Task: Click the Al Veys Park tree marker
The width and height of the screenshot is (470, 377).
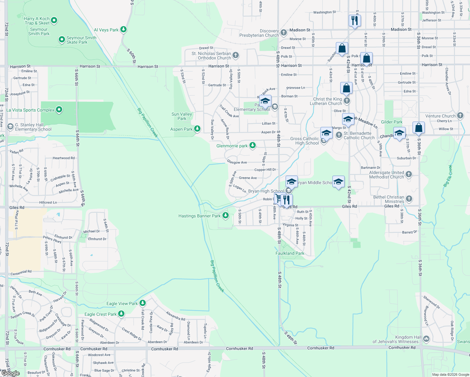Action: (x=123, y=30)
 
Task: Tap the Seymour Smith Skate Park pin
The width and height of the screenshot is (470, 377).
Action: (x=62, y=40)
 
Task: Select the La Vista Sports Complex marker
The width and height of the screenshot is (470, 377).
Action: (x=59, y=110)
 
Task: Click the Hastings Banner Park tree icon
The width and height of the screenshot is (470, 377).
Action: (x=225, y=216)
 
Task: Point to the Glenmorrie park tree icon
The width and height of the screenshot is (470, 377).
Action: (x=252, y=145)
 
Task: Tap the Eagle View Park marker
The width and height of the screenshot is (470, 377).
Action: (x=142, y=303)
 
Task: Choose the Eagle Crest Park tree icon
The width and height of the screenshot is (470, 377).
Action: (x=121, y=314)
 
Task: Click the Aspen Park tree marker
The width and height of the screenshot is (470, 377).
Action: (x=197, y=128)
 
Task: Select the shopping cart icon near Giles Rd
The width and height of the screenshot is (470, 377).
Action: (x=278, y=199)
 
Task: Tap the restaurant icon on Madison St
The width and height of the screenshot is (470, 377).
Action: (x=354, y=21)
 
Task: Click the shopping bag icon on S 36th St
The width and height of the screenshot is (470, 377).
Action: (x=418, y=128)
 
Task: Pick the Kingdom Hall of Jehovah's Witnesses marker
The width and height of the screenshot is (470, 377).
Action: (x=426, y=339)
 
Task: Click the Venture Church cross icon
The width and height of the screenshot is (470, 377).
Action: (x=460, y=115)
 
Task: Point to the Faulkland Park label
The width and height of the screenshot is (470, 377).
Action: (x=290, y=253)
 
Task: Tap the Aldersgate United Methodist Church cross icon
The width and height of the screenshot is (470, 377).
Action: (x=408, y=174)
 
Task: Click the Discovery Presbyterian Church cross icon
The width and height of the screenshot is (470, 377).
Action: (x=283, y=32)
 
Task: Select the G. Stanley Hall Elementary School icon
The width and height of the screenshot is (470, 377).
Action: (x=10, y=127)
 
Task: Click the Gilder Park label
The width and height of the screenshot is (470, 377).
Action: (x=391, y=122)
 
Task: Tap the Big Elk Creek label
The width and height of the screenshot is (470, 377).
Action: (x=448, y=176)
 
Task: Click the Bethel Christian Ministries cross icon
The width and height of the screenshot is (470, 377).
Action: (x=409, y=199)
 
